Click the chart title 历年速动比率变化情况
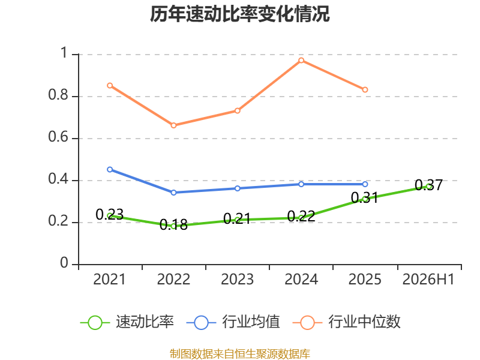coord(239,14)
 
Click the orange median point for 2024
coord(301,61)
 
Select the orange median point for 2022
coord(173,125)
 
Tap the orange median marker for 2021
coord(110,85)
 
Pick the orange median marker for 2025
coord(365,89)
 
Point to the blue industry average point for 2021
coord(110,169)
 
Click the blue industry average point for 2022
coord(173,193)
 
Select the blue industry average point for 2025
coord(365,184)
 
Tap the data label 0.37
coord(428,185)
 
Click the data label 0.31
coord(365,198)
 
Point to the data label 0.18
coord(173,224)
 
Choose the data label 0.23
coord(110,214)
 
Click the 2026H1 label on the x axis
coord(428,279)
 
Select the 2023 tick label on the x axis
coord(237,279)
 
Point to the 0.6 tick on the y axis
coord(58,137)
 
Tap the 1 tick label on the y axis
coord(64,53)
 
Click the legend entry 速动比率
coord(127,322)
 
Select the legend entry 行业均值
coord(233,322)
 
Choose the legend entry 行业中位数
coord(347,322)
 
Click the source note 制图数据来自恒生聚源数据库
coord(240,354)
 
